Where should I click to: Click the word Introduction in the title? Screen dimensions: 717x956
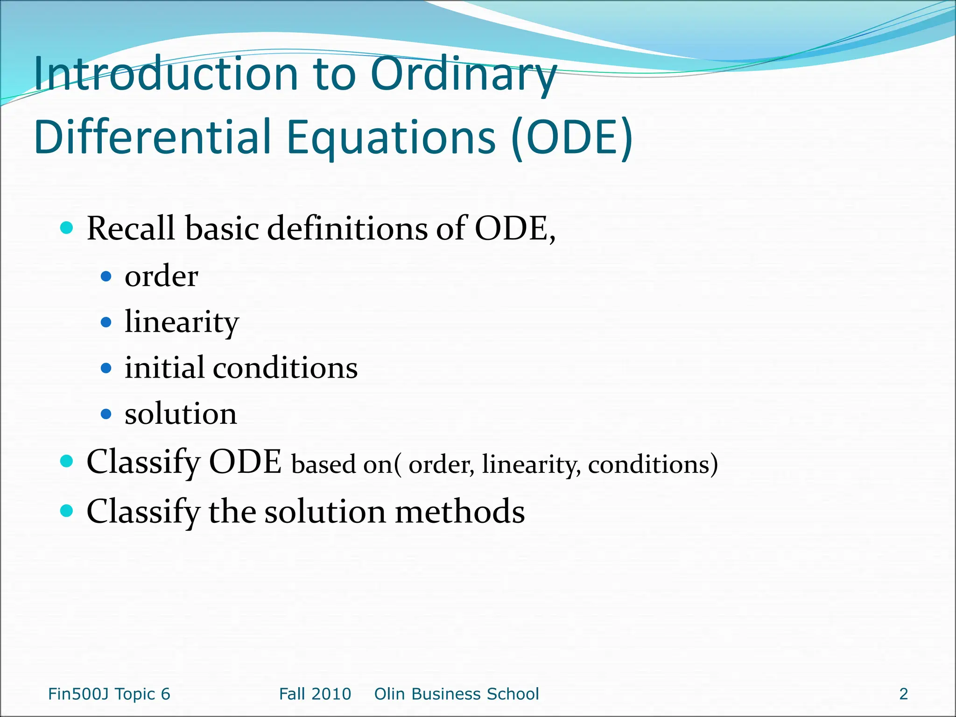(166, 75)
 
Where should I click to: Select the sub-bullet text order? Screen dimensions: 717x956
(161, 276)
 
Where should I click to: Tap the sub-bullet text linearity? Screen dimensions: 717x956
(182, 322)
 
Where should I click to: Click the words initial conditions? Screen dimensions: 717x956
(241, 368)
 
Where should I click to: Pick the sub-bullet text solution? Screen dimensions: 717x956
(181, 414)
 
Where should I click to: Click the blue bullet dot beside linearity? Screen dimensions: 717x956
(106, 322)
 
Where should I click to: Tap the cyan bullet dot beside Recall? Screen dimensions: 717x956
(67, 228)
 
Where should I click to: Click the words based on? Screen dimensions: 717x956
(342, 464)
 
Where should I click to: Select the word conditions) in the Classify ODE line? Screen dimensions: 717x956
(653, 464)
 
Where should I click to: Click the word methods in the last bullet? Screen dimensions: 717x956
(460, 512)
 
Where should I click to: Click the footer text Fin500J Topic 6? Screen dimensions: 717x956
(109, 694)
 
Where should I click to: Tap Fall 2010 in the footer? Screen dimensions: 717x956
(315, 694)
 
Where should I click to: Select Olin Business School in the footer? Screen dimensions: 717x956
(457, 694)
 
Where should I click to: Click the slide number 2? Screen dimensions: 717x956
(903, 694)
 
